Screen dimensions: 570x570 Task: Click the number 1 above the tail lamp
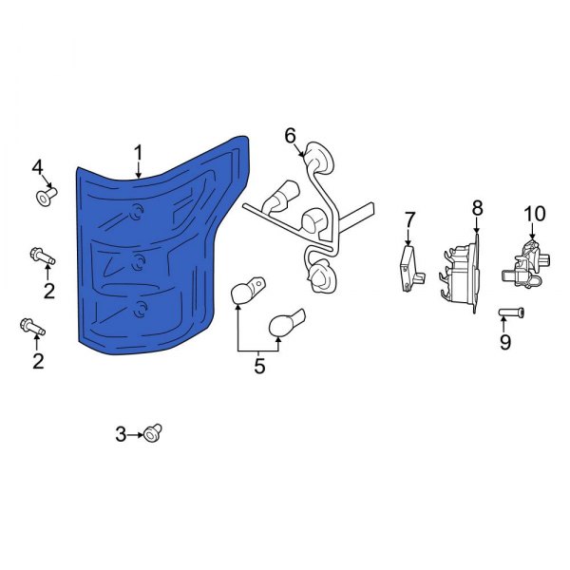click(x=139, y=152)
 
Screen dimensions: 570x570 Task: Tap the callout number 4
click(x=38, y=168)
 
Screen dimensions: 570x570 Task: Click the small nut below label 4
click(x=46, y=198)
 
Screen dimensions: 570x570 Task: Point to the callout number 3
click(x=121, y=434)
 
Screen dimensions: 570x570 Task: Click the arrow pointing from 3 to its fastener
click(x=135, y=434)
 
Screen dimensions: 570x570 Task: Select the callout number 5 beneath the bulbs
click(x=259, y=366)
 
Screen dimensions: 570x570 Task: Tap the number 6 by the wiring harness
click(x=291, y=136)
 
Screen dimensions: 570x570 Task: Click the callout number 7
click(x=409, y=220)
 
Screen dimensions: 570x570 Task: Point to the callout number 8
click(x=477, y=206)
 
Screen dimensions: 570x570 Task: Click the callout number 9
click(x=505, y=339)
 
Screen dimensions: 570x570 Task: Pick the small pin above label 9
click(x=507, y=313)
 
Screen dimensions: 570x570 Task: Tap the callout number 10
click(x=534, y=213)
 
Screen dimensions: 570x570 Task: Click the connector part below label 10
click(x=527, y=260)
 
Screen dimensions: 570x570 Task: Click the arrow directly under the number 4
click(x=42, y=183)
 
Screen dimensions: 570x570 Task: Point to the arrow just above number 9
click(x=505, y=325)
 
